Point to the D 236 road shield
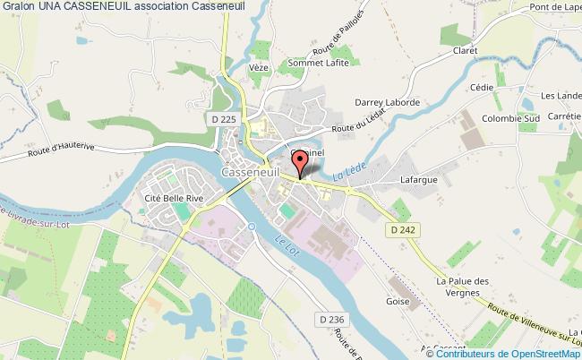coord(330,319)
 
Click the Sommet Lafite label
coord(316,63)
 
